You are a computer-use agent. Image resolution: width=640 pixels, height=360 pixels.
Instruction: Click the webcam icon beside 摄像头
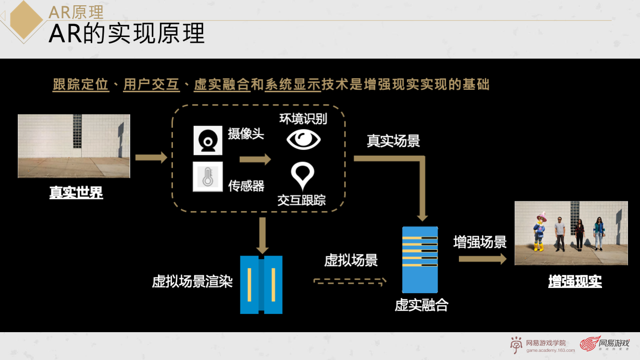pyautogui.click(x=208, y=140)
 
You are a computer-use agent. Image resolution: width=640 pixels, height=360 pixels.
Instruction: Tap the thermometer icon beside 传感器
pyautogui.click(x=208, y=177)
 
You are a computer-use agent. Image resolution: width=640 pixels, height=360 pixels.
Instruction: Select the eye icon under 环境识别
pyautogui.click(x=304, y=139)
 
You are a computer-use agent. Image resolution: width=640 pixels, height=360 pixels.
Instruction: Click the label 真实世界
pyautogui.click(x=76, y=193)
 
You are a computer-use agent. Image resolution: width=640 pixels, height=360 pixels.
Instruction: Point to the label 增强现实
pyautogui.click(x=575, y=281)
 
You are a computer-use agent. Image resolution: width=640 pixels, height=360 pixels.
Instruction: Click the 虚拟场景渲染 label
pyautogui.click(x=192, y=281)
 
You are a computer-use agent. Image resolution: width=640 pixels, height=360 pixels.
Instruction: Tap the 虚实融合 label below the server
pyautogui.click(x=421, y=305)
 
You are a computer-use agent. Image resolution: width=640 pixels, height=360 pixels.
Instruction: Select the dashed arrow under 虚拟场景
pyautogui.click(x=350, y=281)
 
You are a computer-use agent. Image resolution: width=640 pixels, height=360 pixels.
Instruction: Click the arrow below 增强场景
pyautogui.click(x=482, y=259)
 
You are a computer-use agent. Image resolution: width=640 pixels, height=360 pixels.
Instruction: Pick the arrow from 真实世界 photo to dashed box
pyautogui.click(x=151, y=157)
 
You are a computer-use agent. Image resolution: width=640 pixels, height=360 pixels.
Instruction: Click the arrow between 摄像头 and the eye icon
pyautogui.click(x=255, y=160)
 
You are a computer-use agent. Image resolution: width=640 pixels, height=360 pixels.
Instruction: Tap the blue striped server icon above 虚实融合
pyautogui.click(x=420, y=260)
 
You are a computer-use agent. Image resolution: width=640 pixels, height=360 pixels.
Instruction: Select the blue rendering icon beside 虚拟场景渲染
pyautogui.click(x=261, y=285)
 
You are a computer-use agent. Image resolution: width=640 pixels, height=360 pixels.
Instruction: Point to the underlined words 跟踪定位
pyautogui.click(x=81, y=85)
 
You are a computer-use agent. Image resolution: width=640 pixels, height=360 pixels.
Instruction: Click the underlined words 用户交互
pyautogui.click(x=151, y=85)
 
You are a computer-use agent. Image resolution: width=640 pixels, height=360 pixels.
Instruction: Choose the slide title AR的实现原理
pyautogui.click(x=127, y=34)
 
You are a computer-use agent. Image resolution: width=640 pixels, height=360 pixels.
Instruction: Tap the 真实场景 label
pyautogui.click(x=393, y=141)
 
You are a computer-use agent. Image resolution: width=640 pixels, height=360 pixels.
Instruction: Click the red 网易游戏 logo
pyautogui.click(x=604, y=344)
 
